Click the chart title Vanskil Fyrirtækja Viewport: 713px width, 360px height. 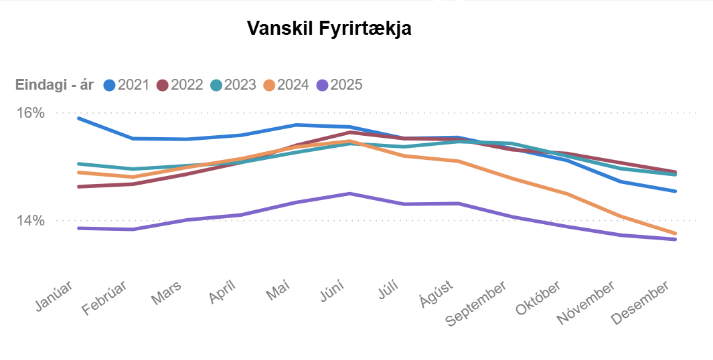click(x=329, y=29)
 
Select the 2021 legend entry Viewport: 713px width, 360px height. click(x=126, y=85)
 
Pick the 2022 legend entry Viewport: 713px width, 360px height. click(x=179, y=85)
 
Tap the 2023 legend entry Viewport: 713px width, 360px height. click(x=232, y=85)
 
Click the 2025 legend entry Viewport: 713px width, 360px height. click(x=339, y=85)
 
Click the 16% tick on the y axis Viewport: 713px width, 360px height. click(x=30, y=112)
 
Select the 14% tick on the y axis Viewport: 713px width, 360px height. click(x=30, y=220)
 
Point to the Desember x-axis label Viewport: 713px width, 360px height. click(x=641, y=302)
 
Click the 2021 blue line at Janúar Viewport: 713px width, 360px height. click(x=79, y=118)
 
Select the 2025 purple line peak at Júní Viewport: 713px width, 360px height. click(x=349, y=193)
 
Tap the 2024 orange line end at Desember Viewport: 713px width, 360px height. click(x=676, y=234)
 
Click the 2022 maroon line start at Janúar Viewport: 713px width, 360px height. click(x=79, y=187)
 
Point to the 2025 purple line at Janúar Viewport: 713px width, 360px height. click(x=79, y=228)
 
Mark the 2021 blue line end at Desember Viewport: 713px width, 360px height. click(x=676, y=191)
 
